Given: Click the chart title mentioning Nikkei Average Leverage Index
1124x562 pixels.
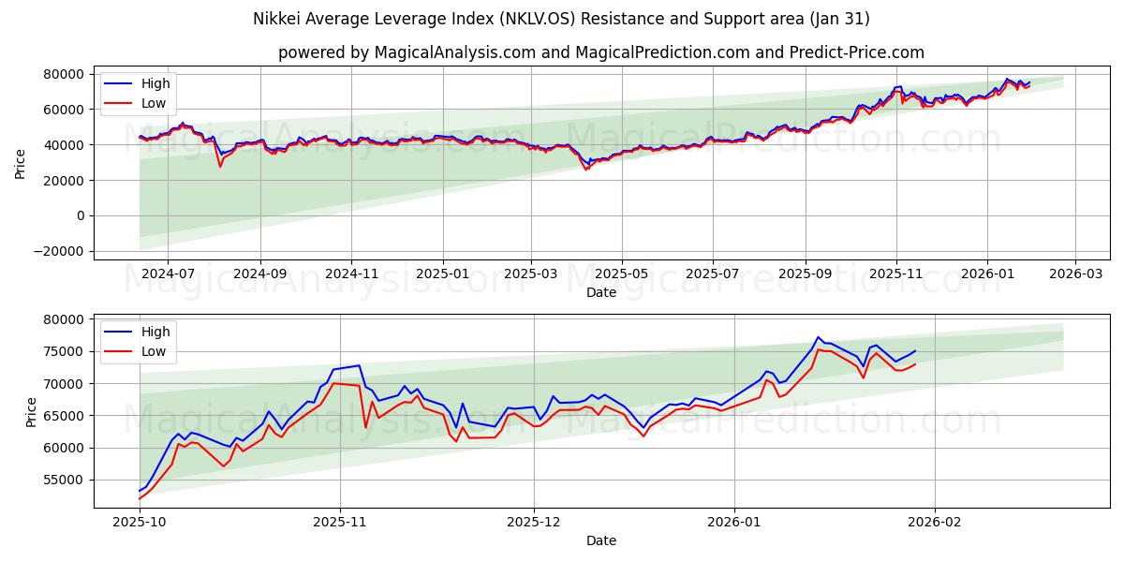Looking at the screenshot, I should tap(561, 19).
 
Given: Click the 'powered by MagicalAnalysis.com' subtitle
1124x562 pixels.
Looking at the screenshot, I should tap(600, 52).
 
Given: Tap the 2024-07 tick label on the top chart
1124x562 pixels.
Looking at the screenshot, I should tap(168, 274).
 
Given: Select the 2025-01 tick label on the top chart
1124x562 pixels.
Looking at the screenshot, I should tap(442, 274).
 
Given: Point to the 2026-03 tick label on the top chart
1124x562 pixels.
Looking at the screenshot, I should tap(1074, 274).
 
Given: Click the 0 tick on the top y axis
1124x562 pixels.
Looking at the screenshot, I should tap(81, 215).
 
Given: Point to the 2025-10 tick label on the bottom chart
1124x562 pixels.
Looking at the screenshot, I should tap(139, 522).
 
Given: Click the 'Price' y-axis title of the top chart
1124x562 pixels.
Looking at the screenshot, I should tap(21, 163).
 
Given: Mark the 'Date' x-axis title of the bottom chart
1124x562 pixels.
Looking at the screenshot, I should tap(600, 540).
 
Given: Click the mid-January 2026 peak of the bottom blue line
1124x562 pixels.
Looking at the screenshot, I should tap(818, 337).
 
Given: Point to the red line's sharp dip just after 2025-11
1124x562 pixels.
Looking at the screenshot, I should tap(365, 427).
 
